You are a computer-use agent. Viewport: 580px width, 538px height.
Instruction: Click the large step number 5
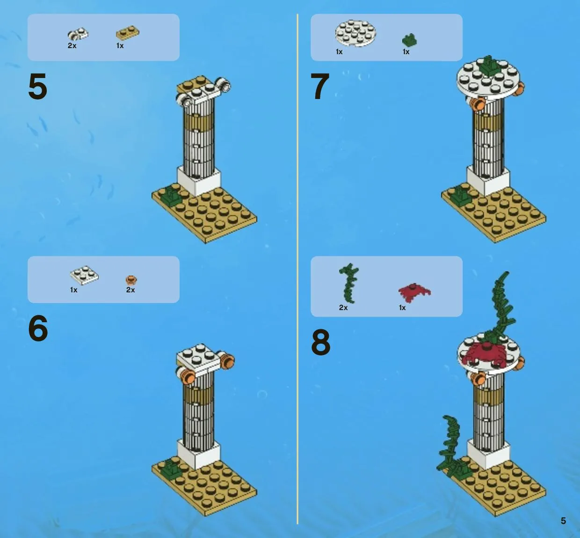(38, 86)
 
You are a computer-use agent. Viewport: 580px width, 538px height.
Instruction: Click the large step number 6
(38, 328)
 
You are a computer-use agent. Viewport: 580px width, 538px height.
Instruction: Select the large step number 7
(320, 86)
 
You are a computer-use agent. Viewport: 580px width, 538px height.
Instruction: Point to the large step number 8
(321, 342)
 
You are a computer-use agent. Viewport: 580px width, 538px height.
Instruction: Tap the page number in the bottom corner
(563, 521)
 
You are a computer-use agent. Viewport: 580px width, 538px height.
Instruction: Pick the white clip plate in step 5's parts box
(78, 34)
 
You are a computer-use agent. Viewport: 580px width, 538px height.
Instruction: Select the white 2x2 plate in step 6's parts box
(84, 275)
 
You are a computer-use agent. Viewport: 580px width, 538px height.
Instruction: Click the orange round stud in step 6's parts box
(131, 280)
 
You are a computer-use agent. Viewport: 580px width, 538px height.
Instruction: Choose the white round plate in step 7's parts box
(355, 33)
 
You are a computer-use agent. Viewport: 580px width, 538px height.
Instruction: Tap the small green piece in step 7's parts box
(409, 40)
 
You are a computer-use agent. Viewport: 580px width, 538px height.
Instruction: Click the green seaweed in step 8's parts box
(349, 283)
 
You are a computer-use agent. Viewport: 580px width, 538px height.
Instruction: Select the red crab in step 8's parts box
(414, 291)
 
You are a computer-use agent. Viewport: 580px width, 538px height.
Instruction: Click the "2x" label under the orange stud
(130, 290)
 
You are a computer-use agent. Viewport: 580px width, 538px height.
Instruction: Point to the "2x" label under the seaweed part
(343, 307)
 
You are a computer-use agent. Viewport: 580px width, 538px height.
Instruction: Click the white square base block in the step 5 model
(199, 181)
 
